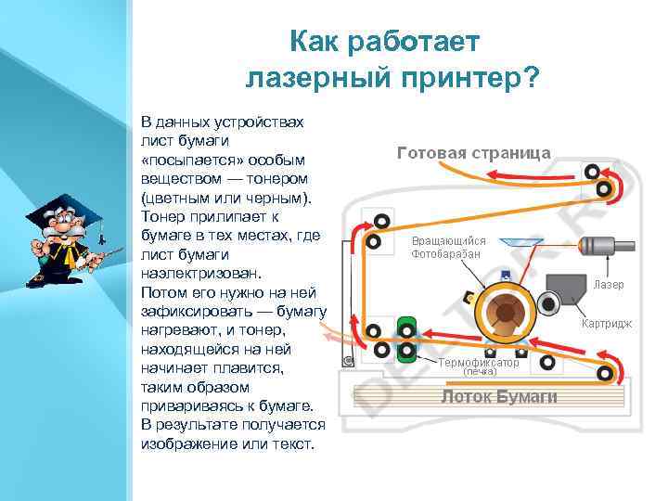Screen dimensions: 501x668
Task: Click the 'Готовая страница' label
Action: (x=473, y=153)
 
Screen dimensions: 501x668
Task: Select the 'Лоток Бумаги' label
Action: (x=499, y=396)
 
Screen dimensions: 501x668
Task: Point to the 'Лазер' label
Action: (x=609, y=284)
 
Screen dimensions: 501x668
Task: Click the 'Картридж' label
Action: (x=607, y=324)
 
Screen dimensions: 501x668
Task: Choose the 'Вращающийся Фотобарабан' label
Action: (x=448, y=247)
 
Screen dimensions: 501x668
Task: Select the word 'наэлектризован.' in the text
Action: (x=191, y=274)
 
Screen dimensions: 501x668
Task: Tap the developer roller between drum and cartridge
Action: (x=548, y=302)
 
